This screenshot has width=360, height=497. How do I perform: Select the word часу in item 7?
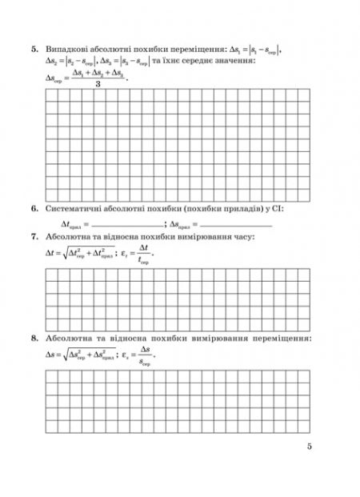point(245,237)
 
